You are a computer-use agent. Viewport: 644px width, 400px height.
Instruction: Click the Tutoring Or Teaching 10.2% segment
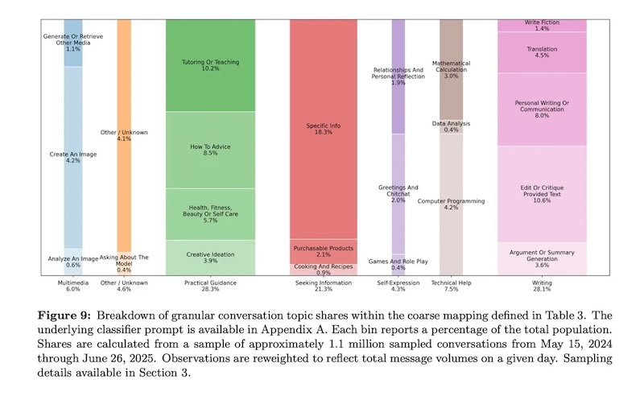tap(210, 65)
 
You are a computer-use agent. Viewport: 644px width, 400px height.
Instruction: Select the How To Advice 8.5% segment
tap(210, 150)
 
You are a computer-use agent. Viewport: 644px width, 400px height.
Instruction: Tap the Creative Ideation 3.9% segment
tap(210, 258)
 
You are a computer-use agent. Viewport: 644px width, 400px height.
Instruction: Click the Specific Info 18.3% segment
tap(323, 130)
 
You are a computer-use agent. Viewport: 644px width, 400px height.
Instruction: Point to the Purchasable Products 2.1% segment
tap(323, 250)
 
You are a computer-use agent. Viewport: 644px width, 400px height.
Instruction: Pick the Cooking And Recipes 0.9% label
tap(323, 270)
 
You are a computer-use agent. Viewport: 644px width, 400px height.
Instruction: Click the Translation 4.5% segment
tap(542, 52)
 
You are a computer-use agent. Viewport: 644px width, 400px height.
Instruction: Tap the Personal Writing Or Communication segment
tap(542, 109)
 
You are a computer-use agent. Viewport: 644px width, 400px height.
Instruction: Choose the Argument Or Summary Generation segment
tap(542, 258)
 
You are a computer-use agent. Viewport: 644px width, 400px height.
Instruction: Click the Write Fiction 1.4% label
tap(542, 25)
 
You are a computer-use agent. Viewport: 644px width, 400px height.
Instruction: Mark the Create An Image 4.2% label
tap(72, 157)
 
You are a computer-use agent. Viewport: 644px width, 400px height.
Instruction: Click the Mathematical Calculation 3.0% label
tap(451, 69)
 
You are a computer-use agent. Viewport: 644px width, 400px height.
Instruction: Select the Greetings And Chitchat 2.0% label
tap(398, 193)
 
